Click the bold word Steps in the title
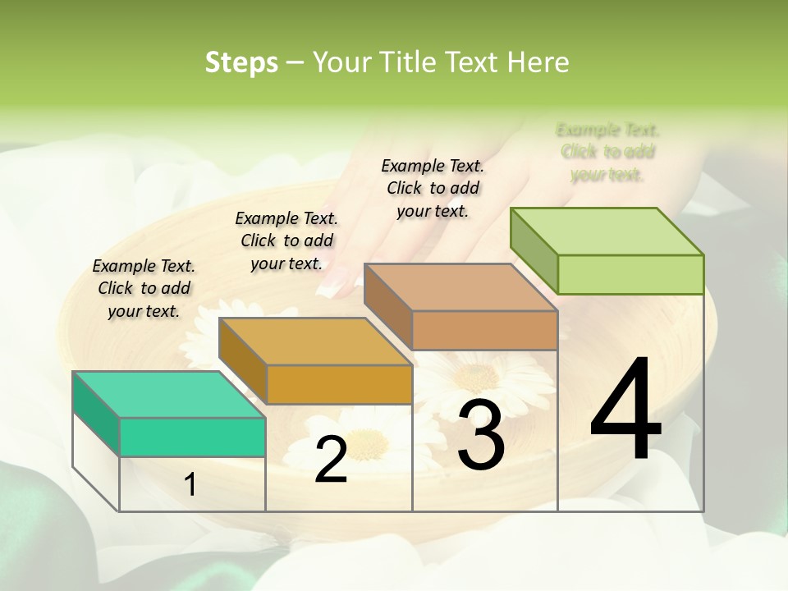pyautogui.click(x=241, y=62)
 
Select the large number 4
pyautogui.click(x=625, y=410)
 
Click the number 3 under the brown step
pyautogui.click(x=481, y=434)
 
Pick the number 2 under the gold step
pyautogui.click(x=331, y=459)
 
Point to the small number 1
pyautogui.click(x=190, y=484)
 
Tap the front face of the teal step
pyautogui.click(x=192, y=437)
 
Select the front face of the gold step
pyautogui.click(x=339, y=384)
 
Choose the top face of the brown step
pyautogui.click(x=460, y=287)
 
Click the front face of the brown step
pyautogui.click(x=484, y=330)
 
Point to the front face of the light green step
pyautogui.click(x=630, y=274)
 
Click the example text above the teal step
pyautogui.click(x=144, y=288)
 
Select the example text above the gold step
pyautogui.click(x=286, y=241)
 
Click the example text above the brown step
pyautogui.click(x=433, y=188)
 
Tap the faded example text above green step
pyautogui.click(x=607, y=152)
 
